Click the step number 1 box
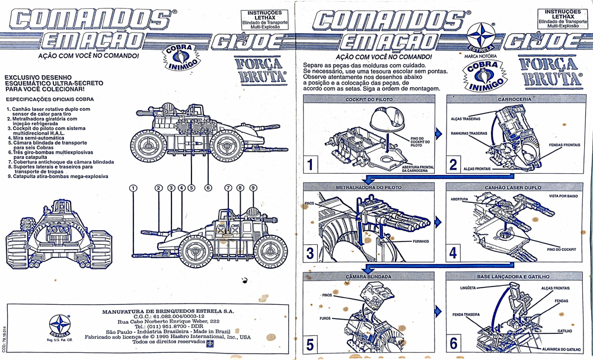pos(313,163)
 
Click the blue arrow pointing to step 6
pos(438,311)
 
